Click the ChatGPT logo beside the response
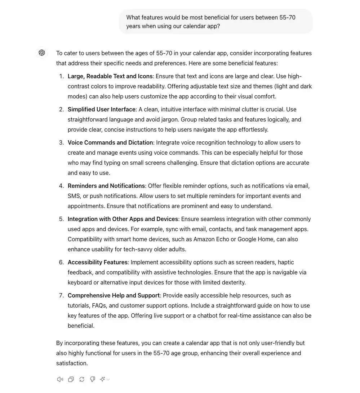pyautogui.click(x=42, y=53)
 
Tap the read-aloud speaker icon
pyautogui.click(x=60, y=379)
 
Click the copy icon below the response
pyautogui.click(x=71, y=379)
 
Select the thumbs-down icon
pyautogui.click(x=93, y=379)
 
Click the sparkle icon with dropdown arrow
pyautogui.click(x=105, y=379)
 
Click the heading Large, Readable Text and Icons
pyautogui.click(x=110, y=76)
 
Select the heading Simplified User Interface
pyautogui.click(x=101, y=109)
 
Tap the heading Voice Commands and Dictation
pyautogui.click(x=110, y=142)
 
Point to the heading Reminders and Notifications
pyautogui.click(x=106, y=186)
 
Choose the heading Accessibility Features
pyautogui.click(x=97, y=262)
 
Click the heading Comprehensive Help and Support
pyautogui.click(x=114, y=295)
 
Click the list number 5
pyautogui.click(x=61, y=219)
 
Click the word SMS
pyautogui.click(x=74, y=196)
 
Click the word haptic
pyautogui.click(x=285, y=262)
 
